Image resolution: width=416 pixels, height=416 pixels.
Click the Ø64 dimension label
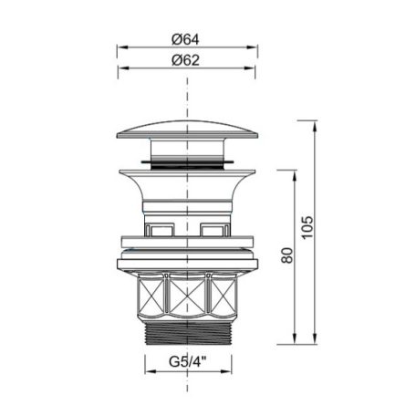click(185, 39)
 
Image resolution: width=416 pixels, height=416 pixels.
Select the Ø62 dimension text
click(185, 60)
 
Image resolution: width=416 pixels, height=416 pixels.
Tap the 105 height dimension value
click(307, 227)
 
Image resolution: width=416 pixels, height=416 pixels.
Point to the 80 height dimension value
click(287, 255)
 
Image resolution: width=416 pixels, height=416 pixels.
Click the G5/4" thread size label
click(188, 361)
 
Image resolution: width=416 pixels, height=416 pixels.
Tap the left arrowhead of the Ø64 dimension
click(123, 47)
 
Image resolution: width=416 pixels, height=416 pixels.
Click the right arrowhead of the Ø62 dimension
click(249, 68)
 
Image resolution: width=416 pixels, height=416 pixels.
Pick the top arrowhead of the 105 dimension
click(315, 126)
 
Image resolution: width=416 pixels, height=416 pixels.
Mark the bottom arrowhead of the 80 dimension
click(295, 338)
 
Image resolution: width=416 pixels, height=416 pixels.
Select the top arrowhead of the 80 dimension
click(295, 176)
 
